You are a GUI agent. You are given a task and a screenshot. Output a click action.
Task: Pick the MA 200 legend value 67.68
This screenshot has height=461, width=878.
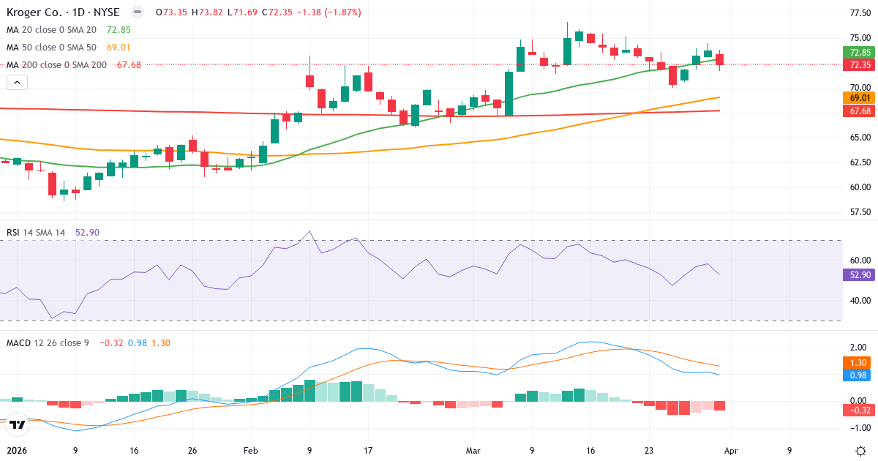click(x=129, y=64)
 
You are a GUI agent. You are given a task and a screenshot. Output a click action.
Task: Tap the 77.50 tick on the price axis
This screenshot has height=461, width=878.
click(x=859, y=13)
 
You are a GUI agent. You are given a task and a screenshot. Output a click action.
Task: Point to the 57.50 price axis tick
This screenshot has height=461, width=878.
click(x=859, y=212)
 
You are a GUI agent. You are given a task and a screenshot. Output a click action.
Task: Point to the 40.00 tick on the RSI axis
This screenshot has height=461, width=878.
click(x=859, y=300)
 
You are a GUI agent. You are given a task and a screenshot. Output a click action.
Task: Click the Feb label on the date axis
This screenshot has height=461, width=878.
click(x=251, y=451)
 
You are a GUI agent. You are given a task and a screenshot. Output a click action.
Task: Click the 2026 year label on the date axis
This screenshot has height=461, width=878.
click(x=17, y=451)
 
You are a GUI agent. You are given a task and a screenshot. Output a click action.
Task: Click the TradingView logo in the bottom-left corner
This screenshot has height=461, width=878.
click(x=18, y=424)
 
